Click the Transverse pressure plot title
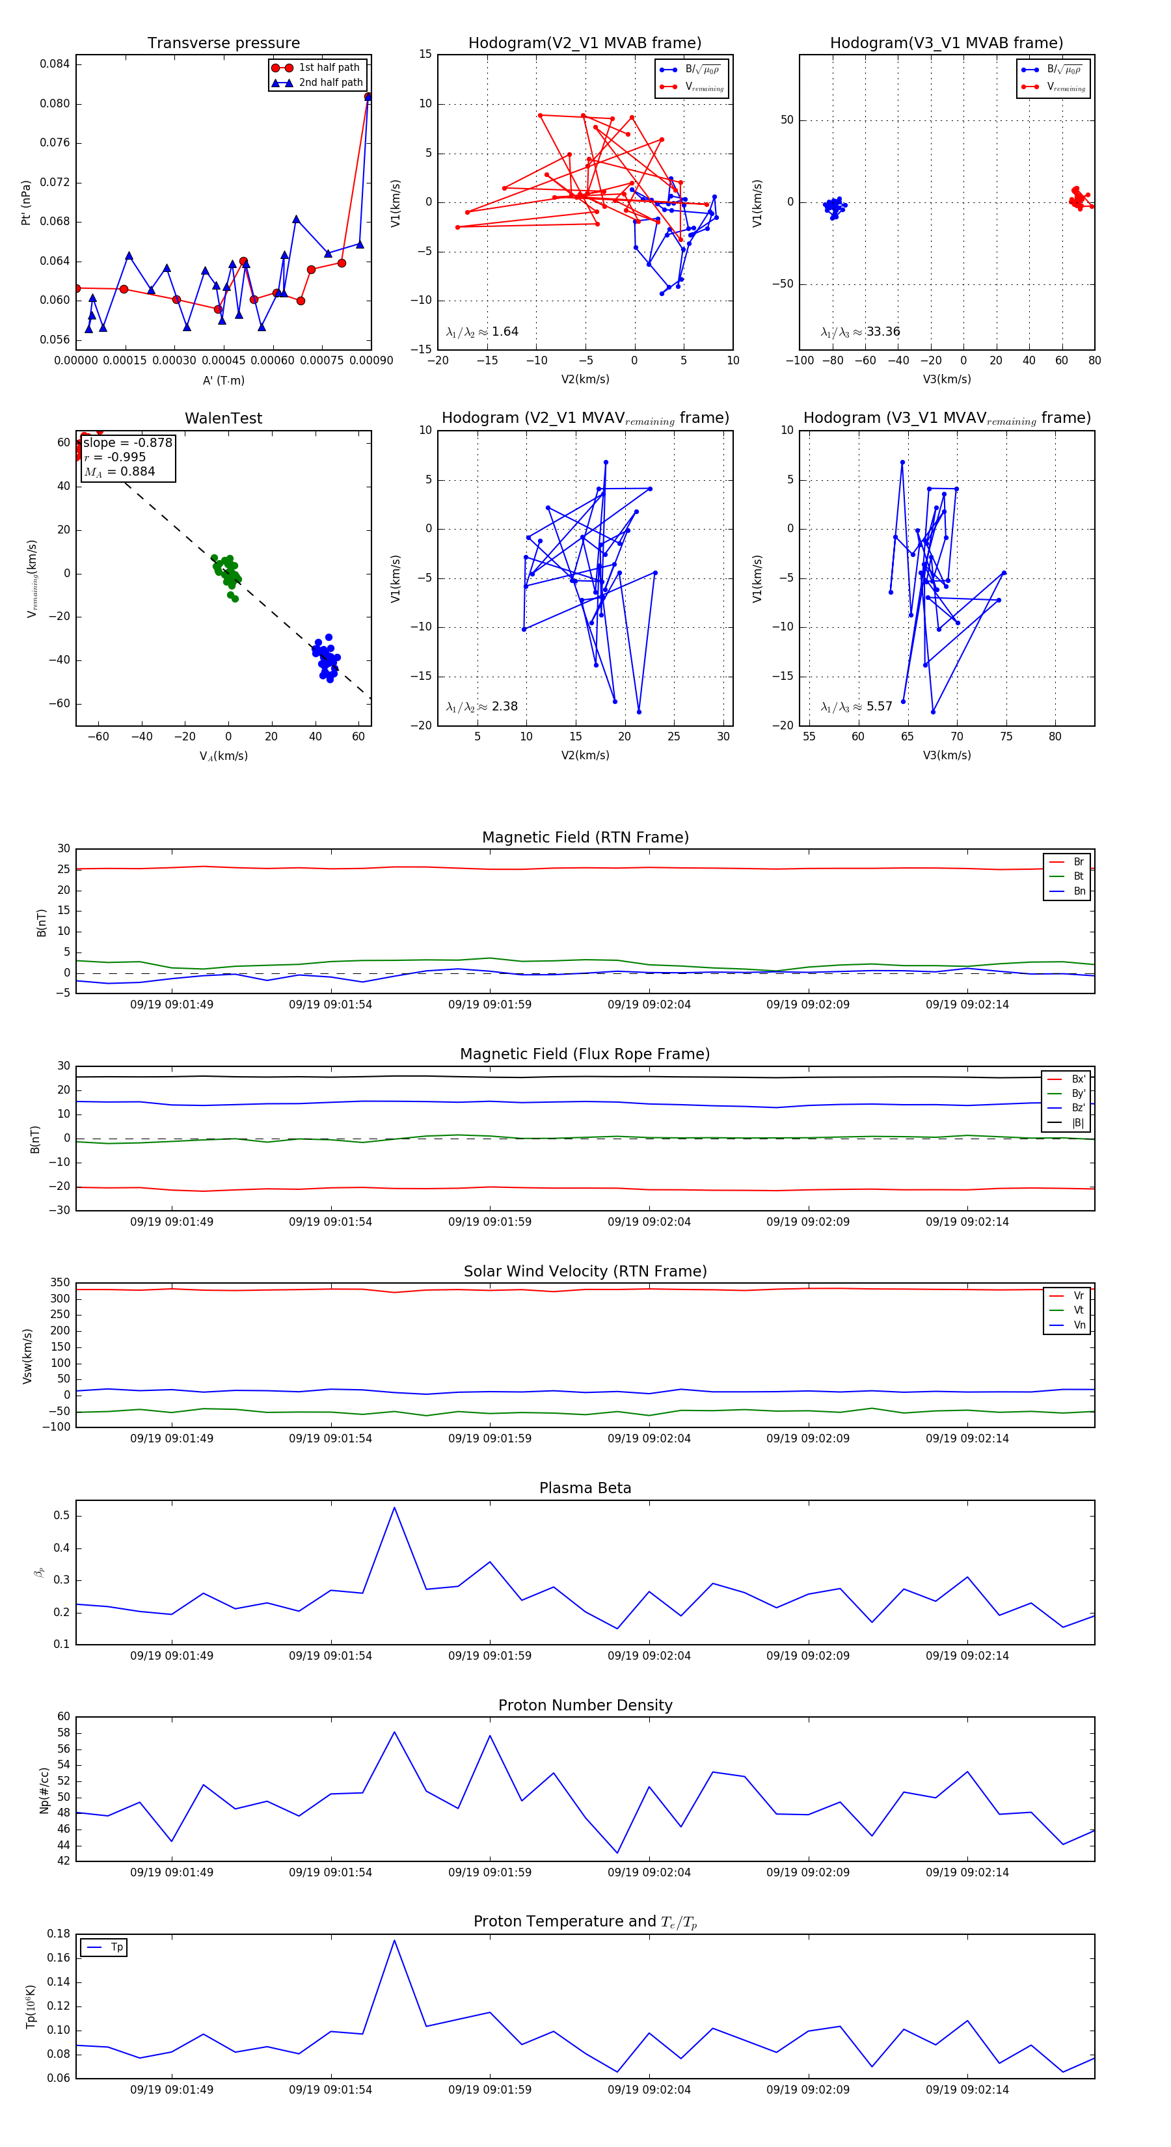223,44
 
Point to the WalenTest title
223,418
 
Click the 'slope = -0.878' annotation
128,442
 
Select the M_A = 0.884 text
119,472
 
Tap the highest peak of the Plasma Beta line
394,1507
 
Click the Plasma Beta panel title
585,1489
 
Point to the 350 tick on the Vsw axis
60,1283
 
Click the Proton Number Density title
585,1705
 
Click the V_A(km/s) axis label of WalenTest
223,756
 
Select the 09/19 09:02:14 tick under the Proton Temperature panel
967,2090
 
